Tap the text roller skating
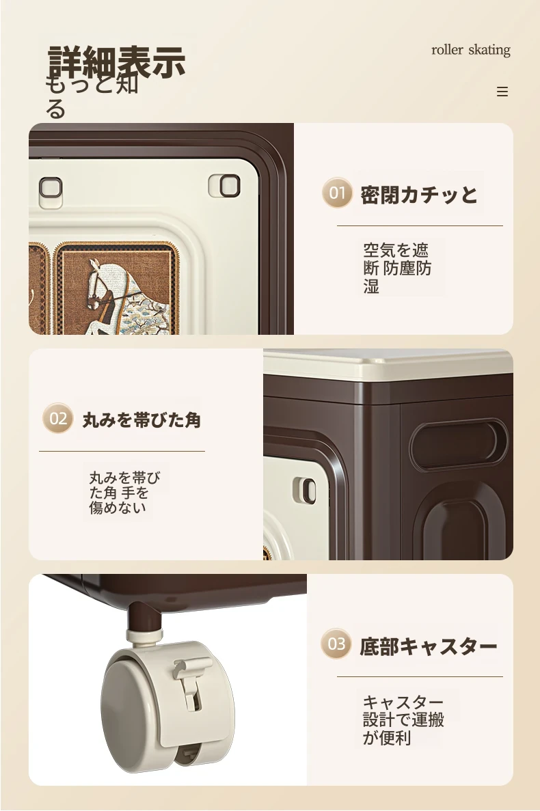(471, 50)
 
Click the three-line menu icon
(502, 92)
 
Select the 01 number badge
(337, 193)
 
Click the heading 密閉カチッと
(419, 195)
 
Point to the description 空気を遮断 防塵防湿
(396, 268)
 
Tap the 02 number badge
(58, 418)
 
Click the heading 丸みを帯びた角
(141, 420)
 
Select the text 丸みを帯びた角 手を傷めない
(124, 493)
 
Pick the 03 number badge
(336, 644)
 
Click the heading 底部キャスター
(429, 646)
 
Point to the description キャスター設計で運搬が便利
(403, 719)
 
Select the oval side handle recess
(459, 444)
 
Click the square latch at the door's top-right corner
(224, 186)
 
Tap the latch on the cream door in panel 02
(305, 490)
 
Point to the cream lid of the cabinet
(388, 363)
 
